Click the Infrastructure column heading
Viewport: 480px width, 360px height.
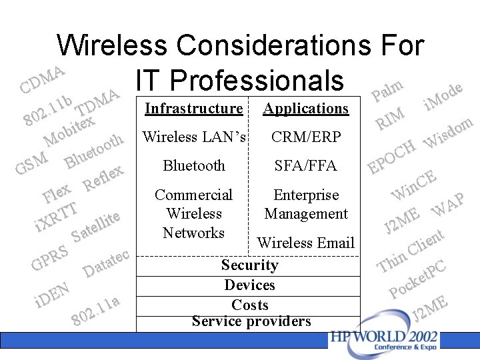coord(193,108)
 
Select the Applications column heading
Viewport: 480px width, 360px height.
coord(306,108)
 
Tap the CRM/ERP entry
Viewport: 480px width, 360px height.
coord(306,137)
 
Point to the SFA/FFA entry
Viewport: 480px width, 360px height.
coord(306,166)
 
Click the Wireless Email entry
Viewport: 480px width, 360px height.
coord(306,243)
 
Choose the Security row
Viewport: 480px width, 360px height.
coord(250,265)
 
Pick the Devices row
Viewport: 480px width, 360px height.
coord(250,285)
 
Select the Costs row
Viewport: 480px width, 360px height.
coord(250,305)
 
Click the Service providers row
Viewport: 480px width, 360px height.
coord(251,321)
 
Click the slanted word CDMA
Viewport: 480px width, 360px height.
coord(42,79)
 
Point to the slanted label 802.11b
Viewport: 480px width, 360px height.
coord(48,111)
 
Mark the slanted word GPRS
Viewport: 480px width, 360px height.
coord(50,260)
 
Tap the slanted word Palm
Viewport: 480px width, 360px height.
coord(387,89)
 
